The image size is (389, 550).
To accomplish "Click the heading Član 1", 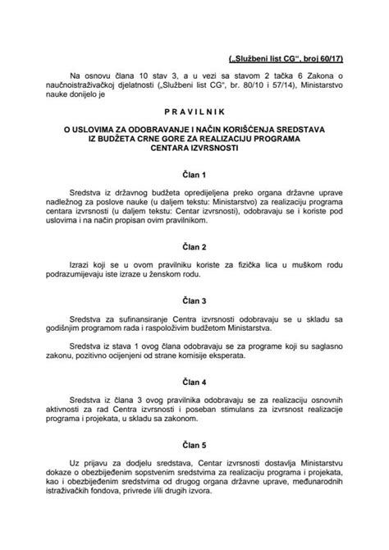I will click(194, 176).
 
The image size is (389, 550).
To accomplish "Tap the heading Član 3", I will click(194, 301).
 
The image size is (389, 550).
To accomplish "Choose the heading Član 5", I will click(194, 448).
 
